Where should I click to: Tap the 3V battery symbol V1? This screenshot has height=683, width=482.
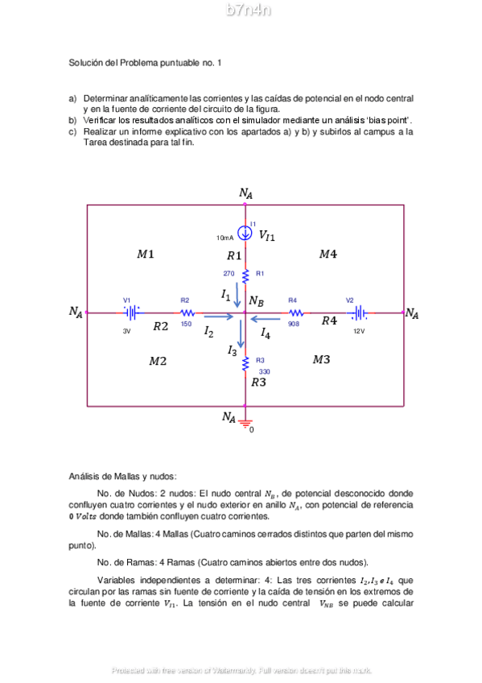pyautogui.click(x=133, y=313)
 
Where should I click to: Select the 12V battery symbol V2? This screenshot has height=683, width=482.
pyautogui.click(x=359, y=313)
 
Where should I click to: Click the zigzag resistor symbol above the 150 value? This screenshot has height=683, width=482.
pyautogui.click(x=187, y=313)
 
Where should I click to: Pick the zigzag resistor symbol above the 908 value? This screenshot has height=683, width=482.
pyautogui.click(x=295, y=313)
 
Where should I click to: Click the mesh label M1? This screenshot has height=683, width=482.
pyautogui.click(x=146, y=255)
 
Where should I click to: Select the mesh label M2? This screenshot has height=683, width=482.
pyautogui.click(x=158, y=362)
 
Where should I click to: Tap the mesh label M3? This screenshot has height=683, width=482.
pyautogui.click(x=321, y=360)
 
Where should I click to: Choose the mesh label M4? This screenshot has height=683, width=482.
pyautogui.click(x=328, y=255)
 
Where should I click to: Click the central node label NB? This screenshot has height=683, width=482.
pyautogui.click(x=257, y=302)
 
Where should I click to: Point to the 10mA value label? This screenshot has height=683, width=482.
pyautogui.click(x=225, y=238)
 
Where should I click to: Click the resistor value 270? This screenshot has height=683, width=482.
pyautogui.click(x=229, y=274)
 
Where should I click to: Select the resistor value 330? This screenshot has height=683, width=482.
pyautogui.click(x=264, y=371)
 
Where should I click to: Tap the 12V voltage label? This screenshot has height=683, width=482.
pyautogui.click(x=358, y=331)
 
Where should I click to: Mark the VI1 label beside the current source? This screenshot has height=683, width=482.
pyautogui.click(x=266, y=236)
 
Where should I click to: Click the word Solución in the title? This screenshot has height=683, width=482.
pyautogui.click(x=86, y=62)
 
